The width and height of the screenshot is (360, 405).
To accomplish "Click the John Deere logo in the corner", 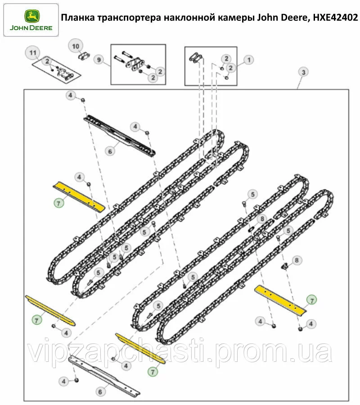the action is [31, 20].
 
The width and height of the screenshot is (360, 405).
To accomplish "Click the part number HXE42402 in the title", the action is [335, 18].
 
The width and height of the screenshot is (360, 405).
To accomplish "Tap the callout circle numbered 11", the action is [33, 53].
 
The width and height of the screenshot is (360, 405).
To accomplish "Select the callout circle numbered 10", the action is [76, 46].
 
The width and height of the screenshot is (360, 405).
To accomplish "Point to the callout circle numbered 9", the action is [99, 60].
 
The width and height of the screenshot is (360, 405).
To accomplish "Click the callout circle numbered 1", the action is [249, 60].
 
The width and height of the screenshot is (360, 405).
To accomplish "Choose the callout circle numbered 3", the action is [304, 72].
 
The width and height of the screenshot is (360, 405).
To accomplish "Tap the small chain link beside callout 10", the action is [84, 56].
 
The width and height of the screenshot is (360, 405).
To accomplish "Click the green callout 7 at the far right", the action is [312, 300].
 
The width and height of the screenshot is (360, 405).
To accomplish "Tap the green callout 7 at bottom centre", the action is [153, 372].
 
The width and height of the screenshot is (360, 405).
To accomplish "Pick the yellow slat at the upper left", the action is [79, 196].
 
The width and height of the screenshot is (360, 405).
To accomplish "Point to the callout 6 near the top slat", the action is [110, 151].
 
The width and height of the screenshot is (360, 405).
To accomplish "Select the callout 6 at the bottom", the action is [100, 392].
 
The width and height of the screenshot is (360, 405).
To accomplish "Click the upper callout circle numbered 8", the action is [262, 219].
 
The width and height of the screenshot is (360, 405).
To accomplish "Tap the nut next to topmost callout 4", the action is [83, 100].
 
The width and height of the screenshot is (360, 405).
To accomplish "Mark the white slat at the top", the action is [120, 135].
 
